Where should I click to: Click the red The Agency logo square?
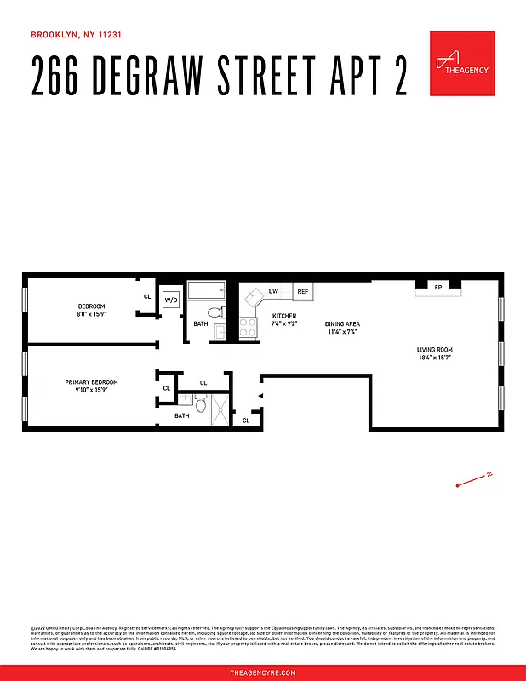pos(462,64)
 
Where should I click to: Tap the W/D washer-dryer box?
pos(171,300)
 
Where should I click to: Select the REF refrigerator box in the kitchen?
pos(302,292)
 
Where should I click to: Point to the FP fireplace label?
pos(438,288)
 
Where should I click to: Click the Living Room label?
pos(434,350)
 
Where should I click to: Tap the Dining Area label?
pos(342,323)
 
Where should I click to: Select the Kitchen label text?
pos(283,315)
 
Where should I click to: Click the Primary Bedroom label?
pos(91,382)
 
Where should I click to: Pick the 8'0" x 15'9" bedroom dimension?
pos(91,314)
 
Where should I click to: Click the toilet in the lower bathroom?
pos(201,405)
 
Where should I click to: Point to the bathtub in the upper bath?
pos(206,291)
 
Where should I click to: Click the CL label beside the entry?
pos(246,421)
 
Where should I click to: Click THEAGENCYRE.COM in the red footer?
pos(263,672)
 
